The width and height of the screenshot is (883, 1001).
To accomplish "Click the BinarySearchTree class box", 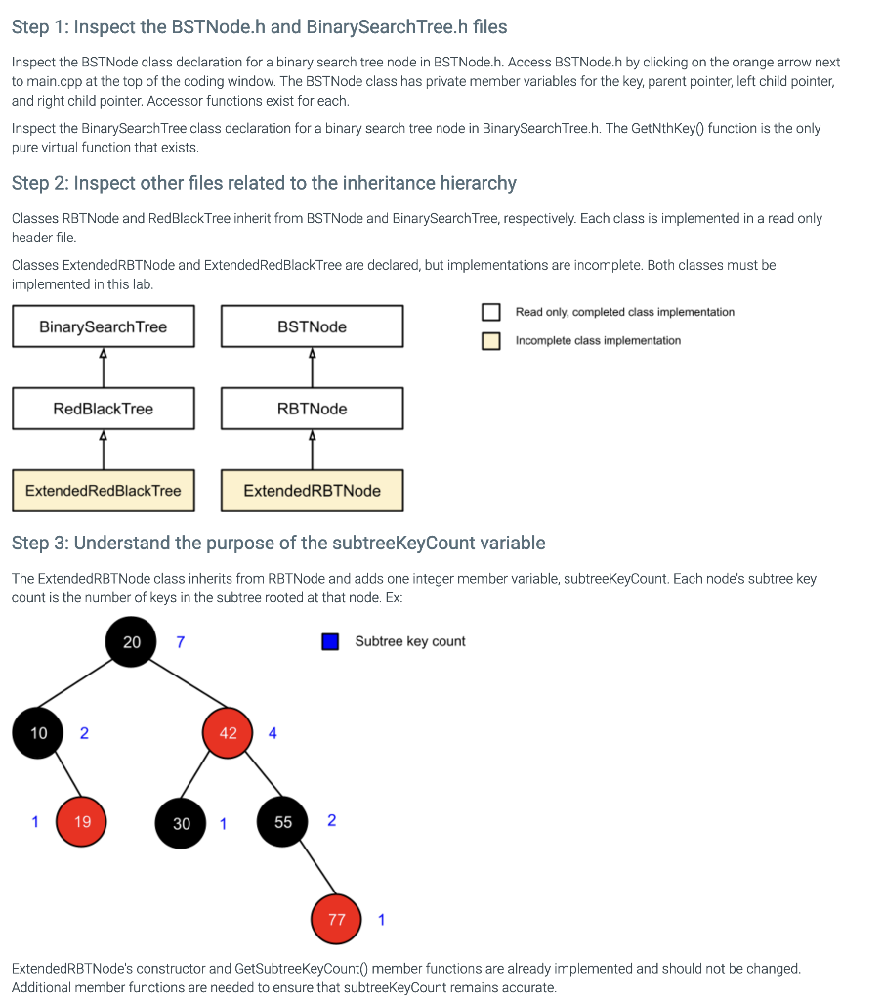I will click(104, 326).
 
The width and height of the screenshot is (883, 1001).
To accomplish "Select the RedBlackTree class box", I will click(104, 409).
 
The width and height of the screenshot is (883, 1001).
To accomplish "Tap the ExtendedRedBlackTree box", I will click(104, 491).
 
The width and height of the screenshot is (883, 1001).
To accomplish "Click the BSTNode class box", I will click(312, 326).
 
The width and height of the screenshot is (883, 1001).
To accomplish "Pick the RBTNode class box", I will click(312, 409).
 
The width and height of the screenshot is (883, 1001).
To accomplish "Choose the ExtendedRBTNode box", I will click(312, 491).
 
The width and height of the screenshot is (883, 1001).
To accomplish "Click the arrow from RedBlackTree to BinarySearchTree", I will click(104, 368).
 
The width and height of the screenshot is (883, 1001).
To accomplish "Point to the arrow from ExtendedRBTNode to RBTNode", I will click(312, 450).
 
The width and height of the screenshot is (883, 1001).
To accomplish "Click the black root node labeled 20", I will click(132, 642).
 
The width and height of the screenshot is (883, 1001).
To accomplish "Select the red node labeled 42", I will click(228, 733).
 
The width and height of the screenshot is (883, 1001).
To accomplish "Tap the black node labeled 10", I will click(39, 733).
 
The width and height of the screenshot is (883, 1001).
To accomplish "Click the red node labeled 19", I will click(82, 822).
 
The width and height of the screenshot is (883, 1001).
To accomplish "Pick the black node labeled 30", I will click(182, 823).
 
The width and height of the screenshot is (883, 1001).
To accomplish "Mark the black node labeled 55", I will click(283, 822).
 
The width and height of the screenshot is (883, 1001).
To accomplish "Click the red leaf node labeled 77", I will click(337, 919).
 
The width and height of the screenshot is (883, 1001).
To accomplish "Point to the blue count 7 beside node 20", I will click(180, 642).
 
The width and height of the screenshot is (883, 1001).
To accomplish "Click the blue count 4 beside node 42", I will click(273, 733).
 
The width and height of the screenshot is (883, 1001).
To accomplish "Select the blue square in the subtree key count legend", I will click(330, 641).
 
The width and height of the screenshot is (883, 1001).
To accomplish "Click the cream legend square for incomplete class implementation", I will click(490, 340).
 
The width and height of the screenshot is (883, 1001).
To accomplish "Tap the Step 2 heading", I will click(264, 183).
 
